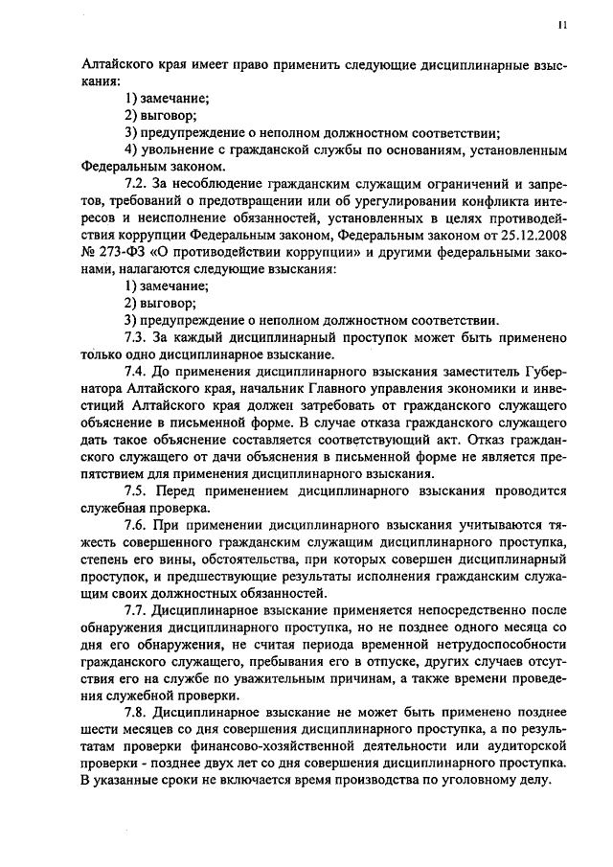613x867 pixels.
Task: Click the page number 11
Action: [x=562, y=27]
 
